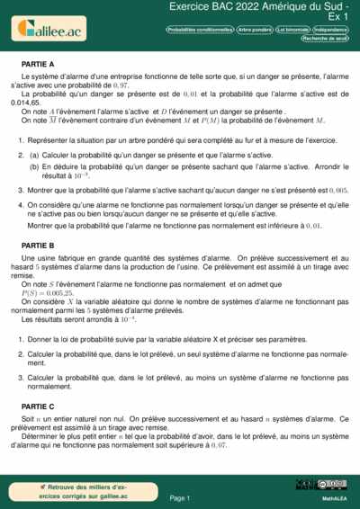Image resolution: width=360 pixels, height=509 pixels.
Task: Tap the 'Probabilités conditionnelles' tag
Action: tap(200, 30)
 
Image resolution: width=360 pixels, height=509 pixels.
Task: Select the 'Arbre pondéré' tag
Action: tap(255, 30)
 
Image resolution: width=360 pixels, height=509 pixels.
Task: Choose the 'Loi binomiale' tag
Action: tap(294, 30)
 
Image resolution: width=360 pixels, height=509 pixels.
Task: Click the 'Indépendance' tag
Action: tap(332, 30)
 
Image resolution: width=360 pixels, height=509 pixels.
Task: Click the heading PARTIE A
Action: tap(38, 65)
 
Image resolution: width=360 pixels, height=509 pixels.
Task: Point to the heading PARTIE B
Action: tap(38, 246)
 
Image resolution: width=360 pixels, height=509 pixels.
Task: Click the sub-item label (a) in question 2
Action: tap(34, 154)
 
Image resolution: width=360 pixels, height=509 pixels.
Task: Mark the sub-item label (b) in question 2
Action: tap(34, 166)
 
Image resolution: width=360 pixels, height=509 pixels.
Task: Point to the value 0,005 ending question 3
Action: tap(338, 191)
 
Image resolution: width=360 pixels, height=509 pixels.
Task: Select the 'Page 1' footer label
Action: tap(180, 497)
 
